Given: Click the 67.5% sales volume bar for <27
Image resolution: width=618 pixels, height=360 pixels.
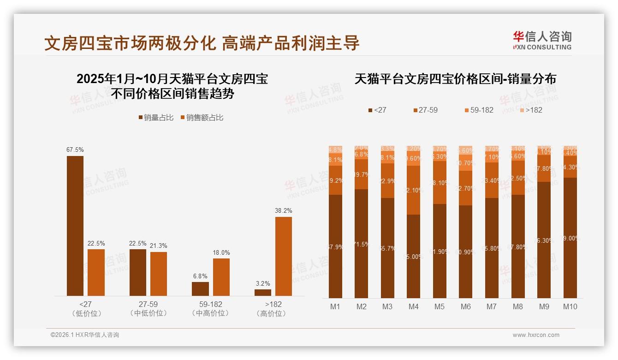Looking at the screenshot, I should point(75,226).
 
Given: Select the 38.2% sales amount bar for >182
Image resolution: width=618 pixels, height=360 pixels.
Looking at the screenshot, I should point(284,256).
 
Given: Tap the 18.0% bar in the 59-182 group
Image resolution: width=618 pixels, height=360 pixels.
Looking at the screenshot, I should point(221,277).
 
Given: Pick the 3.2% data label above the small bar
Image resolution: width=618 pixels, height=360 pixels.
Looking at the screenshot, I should point(262,284).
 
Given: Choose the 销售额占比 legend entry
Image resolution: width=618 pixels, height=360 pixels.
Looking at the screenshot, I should point(202,118).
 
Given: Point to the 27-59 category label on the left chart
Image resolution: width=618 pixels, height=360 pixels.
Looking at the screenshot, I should point(149,305).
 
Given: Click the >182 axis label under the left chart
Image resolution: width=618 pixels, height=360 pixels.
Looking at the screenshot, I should point(273,305).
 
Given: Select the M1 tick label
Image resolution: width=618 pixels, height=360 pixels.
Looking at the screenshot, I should point(335,306).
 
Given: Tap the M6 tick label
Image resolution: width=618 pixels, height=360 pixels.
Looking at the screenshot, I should point(466,306).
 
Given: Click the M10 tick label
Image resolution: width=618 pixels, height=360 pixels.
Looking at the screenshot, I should point(570,306).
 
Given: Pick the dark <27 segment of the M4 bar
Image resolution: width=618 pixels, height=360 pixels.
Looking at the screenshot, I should point(414,256).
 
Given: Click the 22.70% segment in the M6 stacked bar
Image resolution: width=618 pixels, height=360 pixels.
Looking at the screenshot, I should point(466,188).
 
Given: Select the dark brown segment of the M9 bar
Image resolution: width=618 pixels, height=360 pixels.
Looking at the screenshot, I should point(544,240).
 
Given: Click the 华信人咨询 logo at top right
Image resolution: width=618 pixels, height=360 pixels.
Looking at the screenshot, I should point(542,40).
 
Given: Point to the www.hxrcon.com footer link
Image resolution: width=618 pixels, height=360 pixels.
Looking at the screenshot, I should point(536,335).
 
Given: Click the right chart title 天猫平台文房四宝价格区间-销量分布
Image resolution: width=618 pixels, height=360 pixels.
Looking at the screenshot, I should point(455,79).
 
